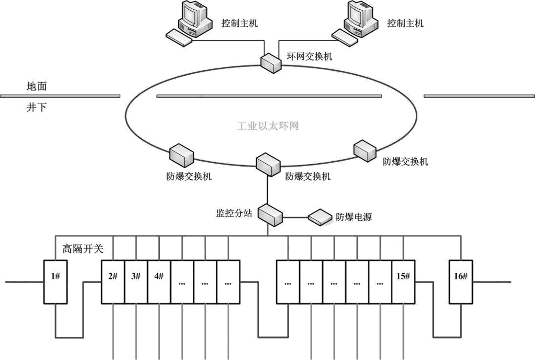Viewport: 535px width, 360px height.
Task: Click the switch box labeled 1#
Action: [55, 282]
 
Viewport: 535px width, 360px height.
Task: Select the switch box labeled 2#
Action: [112, 282]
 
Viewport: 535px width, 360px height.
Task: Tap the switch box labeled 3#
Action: [136, 282]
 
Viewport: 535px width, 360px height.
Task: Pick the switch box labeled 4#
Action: [159, 282]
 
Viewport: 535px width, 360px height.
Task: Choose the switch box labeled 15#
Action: [403, 282]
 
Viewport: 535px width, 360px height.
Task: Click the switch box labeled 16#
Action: [460, 282]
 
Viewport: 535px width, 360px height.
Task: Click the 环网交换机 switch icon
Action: [271, 63]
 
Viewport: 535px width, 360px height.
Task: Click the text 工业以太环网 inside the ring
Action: [268, 126]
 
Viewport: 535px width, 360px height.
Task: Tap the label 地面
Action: [37, 87]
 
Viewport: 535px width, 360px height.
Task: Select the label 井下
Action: [37, 107]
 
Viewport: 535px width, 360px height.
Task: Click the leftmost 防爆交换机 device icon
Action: [181, 155]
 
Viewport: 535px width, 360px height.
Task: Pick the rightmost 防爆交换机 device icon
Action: [366, 150]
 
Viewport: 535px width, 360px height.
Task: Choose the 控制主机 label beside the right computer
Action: [406, 23]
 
